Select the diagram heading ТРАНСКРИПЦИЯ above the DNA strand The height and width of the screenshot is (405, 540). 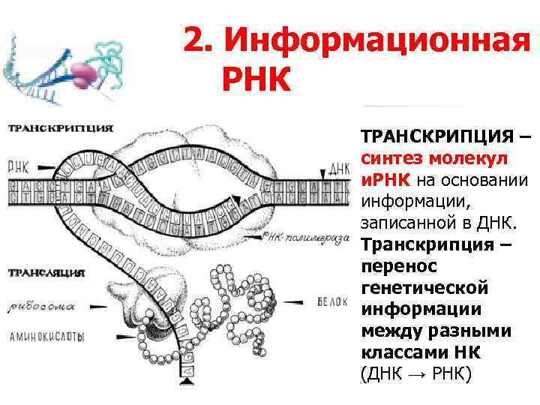[x=61, y=128]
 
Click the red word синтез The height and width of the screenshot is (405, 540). [x=391, y=159]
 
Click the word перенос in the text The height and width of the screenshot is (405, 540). [x=397, y=267]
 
